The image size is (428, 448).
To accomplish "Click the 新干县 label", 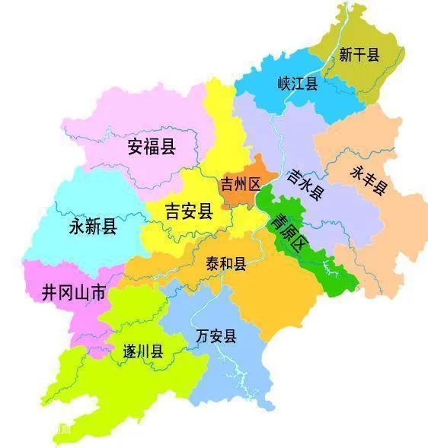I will coord(359,55).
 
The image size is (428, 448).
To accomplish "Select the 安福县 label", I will coord(152,146).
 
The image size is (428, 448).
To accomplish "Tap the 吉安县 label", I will coord(188,211).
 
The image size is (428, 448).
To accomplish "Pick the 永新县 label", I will coord(93,226).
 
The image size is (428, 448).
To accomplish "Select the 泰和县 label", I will coord(225,263).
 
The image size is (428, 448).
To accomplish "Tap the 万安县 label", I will coord(216,335).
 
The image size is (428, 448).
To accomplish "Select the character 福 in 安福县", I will coord(152,146).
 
